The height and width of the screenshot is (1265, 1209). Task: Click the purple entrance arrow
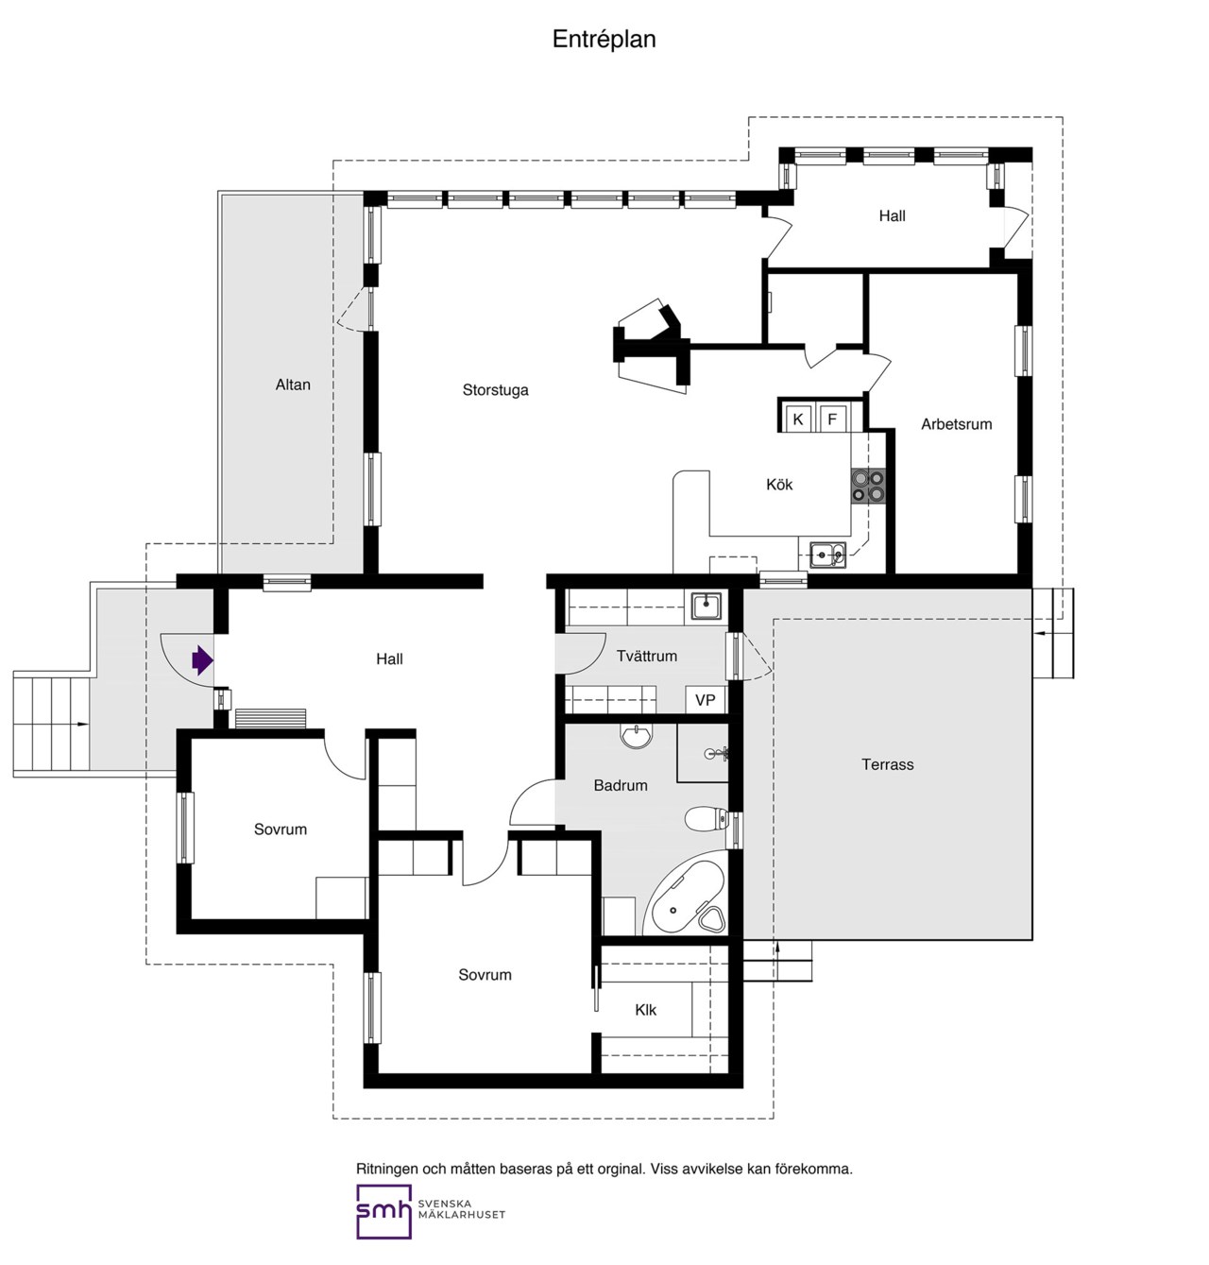[201, 660]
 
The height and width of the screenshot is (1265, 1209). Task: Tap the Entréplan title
[604, 40]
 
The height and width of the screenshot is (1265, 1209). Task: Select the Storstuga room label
[495, 390]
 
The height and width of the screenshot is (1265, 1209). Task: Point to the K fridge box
[797, 419]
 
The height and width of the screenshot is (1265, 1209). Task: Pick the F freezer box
[832, 419]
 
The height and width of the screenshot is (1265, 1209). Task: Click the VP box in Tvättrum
[706, 700]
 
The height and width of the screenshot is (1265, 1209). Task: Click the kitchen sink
[828, 555]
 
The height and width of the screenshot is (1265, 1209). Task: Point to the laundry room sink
[706, 606]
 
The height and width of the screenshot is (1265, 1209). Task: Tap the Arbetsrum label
[956, 424]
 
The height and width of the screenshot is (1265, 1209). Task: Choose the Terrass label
[887, 764]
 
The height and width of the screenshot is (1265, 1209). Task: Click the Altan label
[293, 385]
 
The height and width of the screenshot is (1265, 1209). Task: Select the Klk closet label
[645, 1010]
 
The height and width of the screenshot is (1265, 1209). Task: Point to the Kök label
[779, 485]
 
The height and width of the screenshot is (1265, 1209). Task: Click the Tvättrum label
[647, 656]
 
